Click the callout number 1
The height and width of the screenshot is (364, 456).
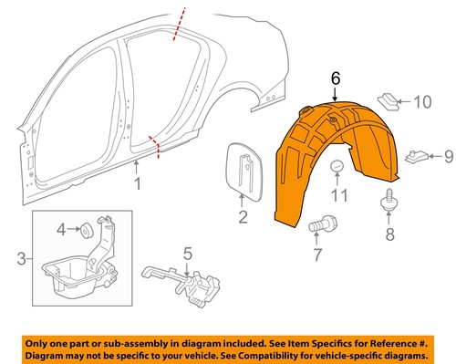(x=138, y=186)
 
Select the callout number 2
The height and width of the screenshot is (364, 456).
(x=244, y=217)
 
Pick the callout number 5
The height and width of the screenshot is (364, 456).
(x=186, y=254)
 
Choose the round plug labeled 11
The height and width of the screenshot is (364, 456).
(x=338, y=167)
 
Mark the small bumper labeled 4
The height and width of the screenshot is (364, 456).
(x=83, y=226)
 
